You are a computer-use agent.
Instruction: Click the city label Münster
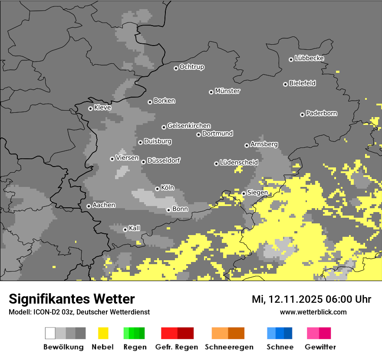coord(227,91)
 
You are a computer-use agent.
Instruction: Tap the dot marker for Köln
coord(157,189)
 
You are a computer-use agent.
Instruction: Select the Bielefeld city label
coord(303,83)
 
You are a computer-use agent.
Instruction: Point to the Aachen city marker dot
coord(89,206)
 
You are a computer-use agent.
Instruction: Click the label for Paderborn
coord(322,114)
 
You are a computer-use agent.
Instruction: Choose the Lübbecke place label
coord(310,58)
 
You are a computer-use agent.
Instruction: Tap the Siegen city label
coord(257,193)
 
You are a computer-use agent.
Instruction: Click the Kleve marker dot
coord(90,108)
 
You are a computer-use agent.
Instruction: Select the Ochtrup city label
coord(192,67)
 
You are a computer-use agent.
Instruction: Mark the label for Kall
coord(135,228)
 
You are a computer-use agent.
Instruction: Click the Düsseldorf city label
coord(164,161)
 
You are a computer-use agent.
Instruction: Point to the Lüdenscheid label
coord(239,163)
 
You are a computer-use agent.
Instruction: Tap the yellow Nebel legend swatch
coord(103,333)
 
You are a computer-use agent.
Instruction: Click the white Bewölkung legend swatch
coord(50,333)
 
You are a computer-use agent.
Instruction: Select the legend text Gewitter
coord(320,347)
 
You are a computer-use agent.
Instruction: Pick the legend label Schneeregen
coord(228,347)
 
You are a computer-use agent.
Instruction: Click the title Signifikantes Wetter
coord(72,299)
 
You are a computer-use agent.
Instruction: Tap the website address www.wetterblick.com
coord(313,312)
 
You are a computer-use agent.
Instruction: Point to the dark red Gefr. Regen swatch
coord(185,333)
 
